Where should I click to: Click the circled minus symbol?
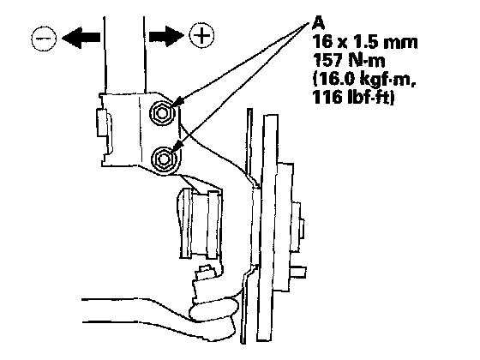coord(44,39)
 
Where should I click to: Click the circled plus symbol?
coord(201,35)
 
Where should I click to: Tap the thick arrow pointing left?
coord(81,38)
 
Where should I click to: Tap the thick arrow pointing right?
coord(166,36)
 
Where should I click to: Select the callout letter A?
coord(318,22)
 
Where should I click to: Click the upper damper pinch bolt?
coord(162,113)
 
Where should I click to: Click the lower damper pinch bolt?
coord(165,159)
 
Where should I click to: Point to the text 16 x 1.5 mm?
coord(364,42)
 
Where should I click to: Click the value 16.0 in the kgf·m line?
coord(335,79)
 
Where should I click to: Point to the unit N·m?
coord(367,60)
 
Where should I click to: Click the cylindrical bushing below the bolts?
coord(200,223)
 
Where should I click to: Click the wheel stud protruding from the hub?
coord(298,271)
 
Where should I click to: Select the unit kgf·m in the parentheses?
coord(387,80)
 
